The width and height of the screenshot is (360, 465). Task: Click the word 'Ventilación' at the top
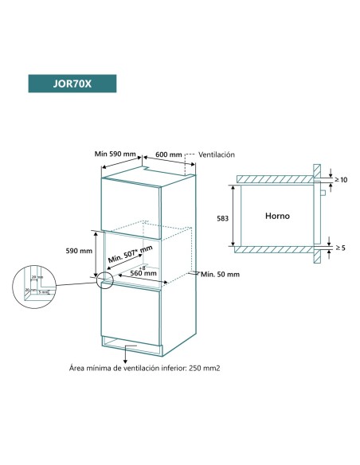(217, 154)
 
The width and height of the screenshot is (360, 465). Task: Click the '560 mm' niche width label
(143, 272)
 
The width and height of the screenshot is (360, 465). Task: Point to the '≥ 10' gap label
(342, 181)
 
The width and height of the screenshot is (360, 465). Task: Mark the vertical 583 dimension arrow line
(233, 215)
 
